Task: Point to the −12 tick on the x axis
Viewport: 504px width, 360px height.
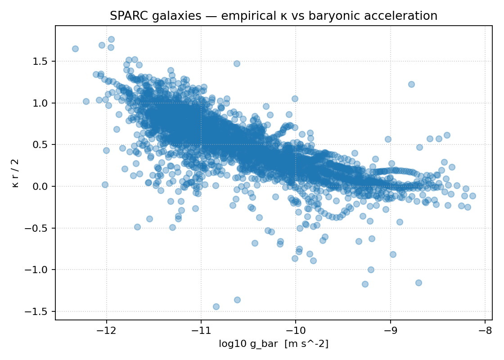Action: tap(107, 330)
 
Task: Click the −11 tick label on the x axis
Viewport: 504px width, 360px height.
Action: tap(201, 330)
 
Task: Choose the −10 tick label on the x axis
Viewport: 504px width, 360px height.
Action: tap(296, 330)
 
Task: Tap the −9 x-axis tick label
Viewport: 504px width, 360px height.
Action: tap(391, 330)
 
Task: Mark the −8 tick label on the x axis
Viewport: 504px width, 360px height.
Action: tap(485, 330)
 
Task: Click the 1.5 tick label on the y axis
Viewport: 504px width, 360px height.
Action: tap(42, 61)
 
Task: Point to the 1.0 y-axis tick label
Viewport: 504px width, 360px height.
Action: tap(42, 103)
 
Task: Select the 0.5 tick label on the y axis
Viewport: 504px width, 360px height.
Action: tap(42, 144)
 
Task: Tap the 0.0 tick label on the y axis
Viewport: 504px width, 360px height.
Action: tap(42, 186)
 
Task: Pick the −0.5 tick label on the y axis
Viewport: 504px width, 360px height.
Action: tap(40, 228)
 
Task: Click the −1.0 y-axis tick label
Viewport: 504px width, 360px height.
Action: tap(40, 270)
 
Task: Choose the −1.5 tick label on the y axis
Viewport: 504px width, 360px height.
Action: tap(40, 311)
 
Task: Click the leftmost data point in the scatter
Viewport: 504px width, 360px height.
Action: tap(75, 49)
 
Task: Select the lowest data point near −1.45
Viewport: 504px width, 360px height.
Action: tap(216, 306)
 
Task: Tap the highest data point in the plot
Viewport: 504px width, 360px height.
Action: tap(111, 40)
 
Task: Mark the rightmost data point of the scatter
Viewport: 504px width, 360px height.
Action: tap(472, 196)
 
